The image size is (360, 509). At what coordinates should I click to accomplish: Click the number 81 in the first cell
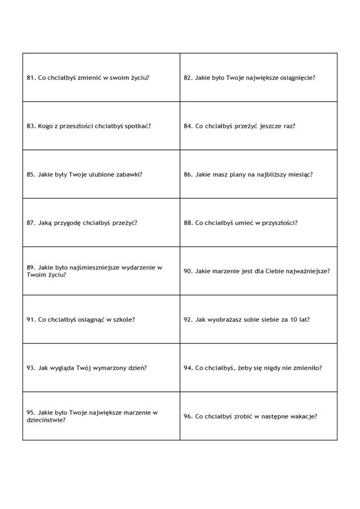[x=31, y=77]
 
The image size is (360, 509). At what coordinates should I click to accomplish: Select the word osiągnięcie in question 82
[x=297, y=77]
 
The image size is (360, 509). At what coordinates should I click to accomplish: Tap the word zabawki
[x=128, y=174]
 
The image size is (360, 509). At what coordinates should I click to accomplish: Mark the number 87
[x=31, y=222]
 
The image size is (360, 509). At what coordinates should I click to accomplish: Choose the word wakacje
[x=302, y=416]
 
